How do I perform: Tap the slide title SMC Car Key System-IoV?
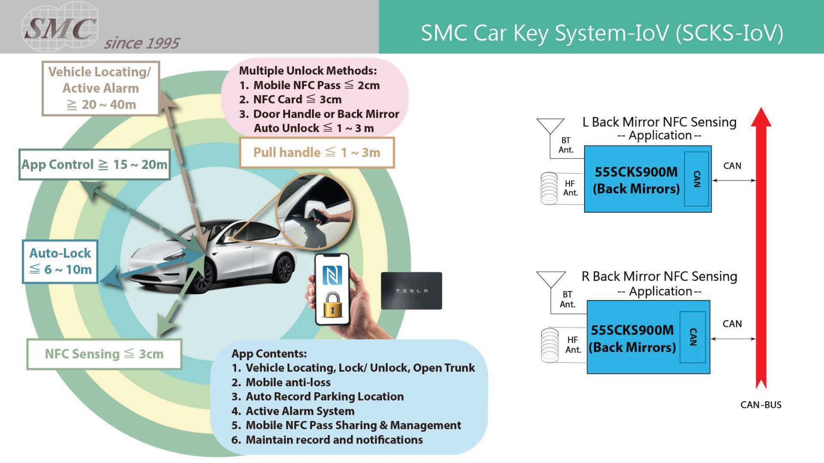coord(602,33)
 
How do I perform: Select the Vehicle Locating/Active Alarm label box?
coord(101,88)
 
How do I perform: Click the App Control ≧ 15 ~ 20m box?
coord(94,165)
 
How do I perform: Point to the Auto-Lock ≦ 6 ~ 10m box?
coord(60,262)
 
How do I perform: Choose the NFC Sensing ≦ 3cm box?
coord(104,354)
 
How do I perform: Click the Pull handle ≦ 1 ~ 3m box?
coord(317,153)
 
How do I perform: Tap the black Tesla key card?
coord(411,291)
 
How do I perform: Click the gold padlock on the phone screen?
coord(333,305)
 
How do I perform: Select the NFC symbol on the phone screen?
coord(332,276)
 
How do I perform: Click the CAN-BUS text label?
coord(761,405)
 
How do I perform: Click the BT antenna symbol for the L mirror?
coord(550,126)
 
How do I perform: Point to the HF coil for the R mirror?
coord(550,345)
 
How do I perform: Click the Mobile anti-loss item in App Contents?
coord(288,382)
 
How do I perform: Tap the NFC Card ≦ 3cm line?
coord(297,100)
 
